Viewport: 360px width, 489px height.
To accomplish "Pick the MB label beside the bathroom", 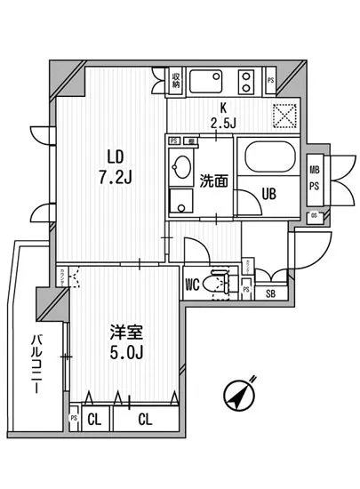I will [x=314, y=168].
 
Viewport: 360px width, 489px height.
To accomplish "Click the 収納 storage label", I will [x=177, y=81].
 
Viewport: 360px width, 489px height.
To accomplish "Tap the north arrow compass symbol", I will [x=237, y=394].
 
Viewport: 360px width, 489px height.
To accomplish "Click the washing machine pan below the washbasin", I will [x=182, y=201].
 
